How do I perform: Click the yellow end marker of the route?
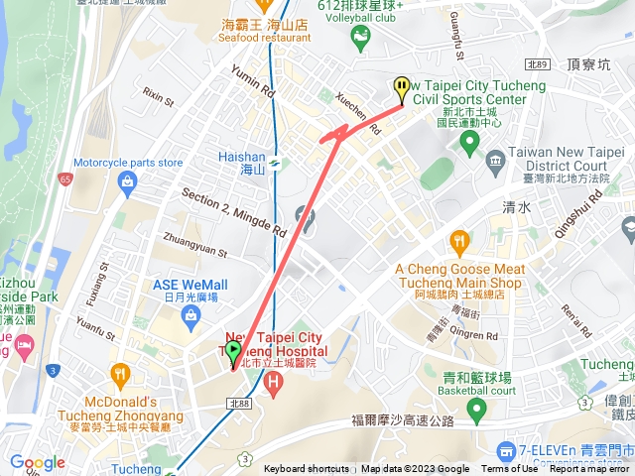coord(402,89)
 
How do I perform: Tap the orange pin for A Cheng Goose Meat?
coord(458,240)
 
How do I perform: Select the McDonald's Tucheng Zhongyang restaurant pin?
coord(120,375)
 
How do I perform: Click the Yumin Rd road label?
coord(252,79)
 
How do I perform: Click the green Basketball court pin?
coord(476,408)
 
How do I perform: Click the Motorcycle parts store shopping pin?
coord(127,181)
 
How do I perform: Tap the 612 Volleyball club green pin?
coord(359,37)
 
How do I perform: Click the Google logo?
coord(37,462)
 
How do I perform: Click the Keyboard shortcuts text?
coord(307,469)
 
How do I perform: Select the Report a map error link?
coord(589,469)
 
